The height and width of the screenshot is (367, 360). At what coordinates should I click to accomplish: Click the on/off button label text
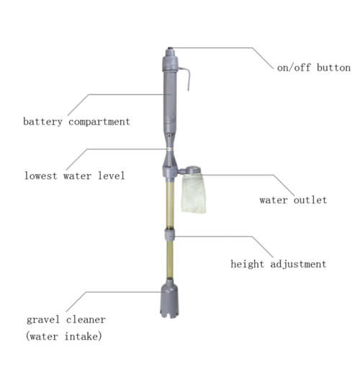click(314, 68)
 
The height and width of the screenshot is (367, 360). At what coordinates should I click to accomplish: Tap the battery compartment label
click(76, 122)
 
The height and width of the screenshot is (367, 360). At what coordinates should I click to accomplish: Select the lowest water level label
click(75, 176)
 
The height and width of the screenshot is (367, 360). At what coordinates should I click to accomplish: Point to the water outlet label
click(293, 200)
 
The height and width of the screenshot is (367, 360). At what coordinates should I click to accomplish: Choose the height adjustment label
click(279, 264)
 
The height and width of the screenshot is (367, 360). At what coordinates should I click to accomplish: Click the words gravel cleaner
click(66, 320)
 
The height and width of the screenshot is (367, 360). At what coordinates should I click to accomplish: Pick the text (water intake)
click(64, 336)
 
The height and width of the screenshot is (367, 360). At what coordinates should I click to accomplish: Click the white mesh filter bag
click(194, 194)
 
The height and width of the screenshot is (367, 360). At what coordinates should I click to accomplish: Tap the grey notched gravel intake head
click(170, 299)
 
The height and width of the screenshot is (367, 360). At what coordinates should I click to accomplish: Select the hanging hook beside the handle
click(185, 78)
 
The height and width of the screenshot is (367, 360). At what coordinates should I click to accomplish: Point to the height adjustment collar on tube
click(170, 235)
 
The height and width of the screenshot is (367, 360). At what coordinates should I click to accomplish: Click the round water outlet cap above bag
click(193, 170)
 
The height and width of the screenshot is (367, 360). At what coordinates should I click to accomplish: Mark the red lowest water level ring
click(170, 149)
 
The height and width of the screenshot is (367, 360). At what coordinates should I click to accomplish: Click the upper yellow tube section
click(170, 205)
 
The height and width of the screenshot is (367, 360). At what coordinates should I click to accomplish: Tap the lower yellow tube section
click(170, 260)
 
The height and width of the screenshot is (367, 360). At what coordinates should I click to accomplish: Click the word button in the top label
click(334, 68)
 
